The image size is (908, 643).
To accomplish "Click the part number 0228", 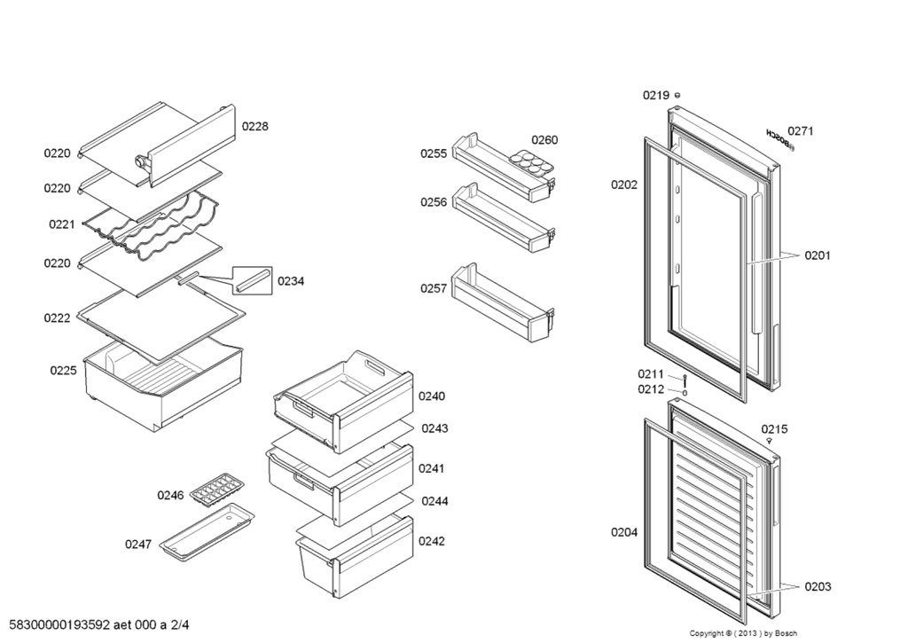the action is pyautogui.click(x=254, y=126).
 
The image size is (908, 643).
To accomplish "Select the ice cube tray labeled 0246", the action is pyautogui.click(x=218, y=490).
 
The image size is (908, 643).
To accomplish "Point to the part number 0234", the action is pyautogui.click(x=291, y=281).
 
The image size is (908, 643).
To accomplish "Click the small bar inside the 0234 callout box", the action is pyautogui.click(x=253, y=280).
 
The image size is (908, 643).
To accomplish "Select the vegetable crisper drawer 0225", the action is pyautogui.click(x=164, y=385).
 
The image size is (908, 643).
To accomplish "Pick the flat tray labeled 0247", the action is pyautogui.click(x=207, y=532).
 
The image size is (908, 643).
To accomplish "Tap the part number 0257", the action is pyautogui.click(x=434, y=288).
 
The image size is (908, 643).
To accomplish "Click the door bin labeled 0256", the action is pyautogui.click(x=504, y=218).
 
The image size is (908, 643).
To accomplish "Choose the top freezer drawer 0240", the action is pyautogui.click(x=343, y=402).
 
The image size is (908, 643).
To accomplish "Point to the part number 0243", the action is pyautogui.click(x=434, y=428).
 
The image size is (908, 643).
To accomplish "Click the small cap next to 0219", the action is pyautogui.click(x=677, y=95).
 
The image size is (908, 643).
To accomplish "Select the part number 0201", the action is pyautogui.click(x=817, y=255).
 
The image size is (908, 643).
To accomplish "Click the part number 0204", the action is pyautogui.click(x=623, y=532).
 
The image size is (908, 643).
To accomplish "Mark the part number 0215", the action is pyautogui.click(x=774, y=429).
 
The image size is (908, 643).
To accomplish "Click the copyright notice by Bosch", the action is pyautogui.click(x=744, y=634).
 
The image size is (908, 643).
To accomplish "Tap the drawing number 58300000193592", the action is pyautogui.click(x=60, y=625).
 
